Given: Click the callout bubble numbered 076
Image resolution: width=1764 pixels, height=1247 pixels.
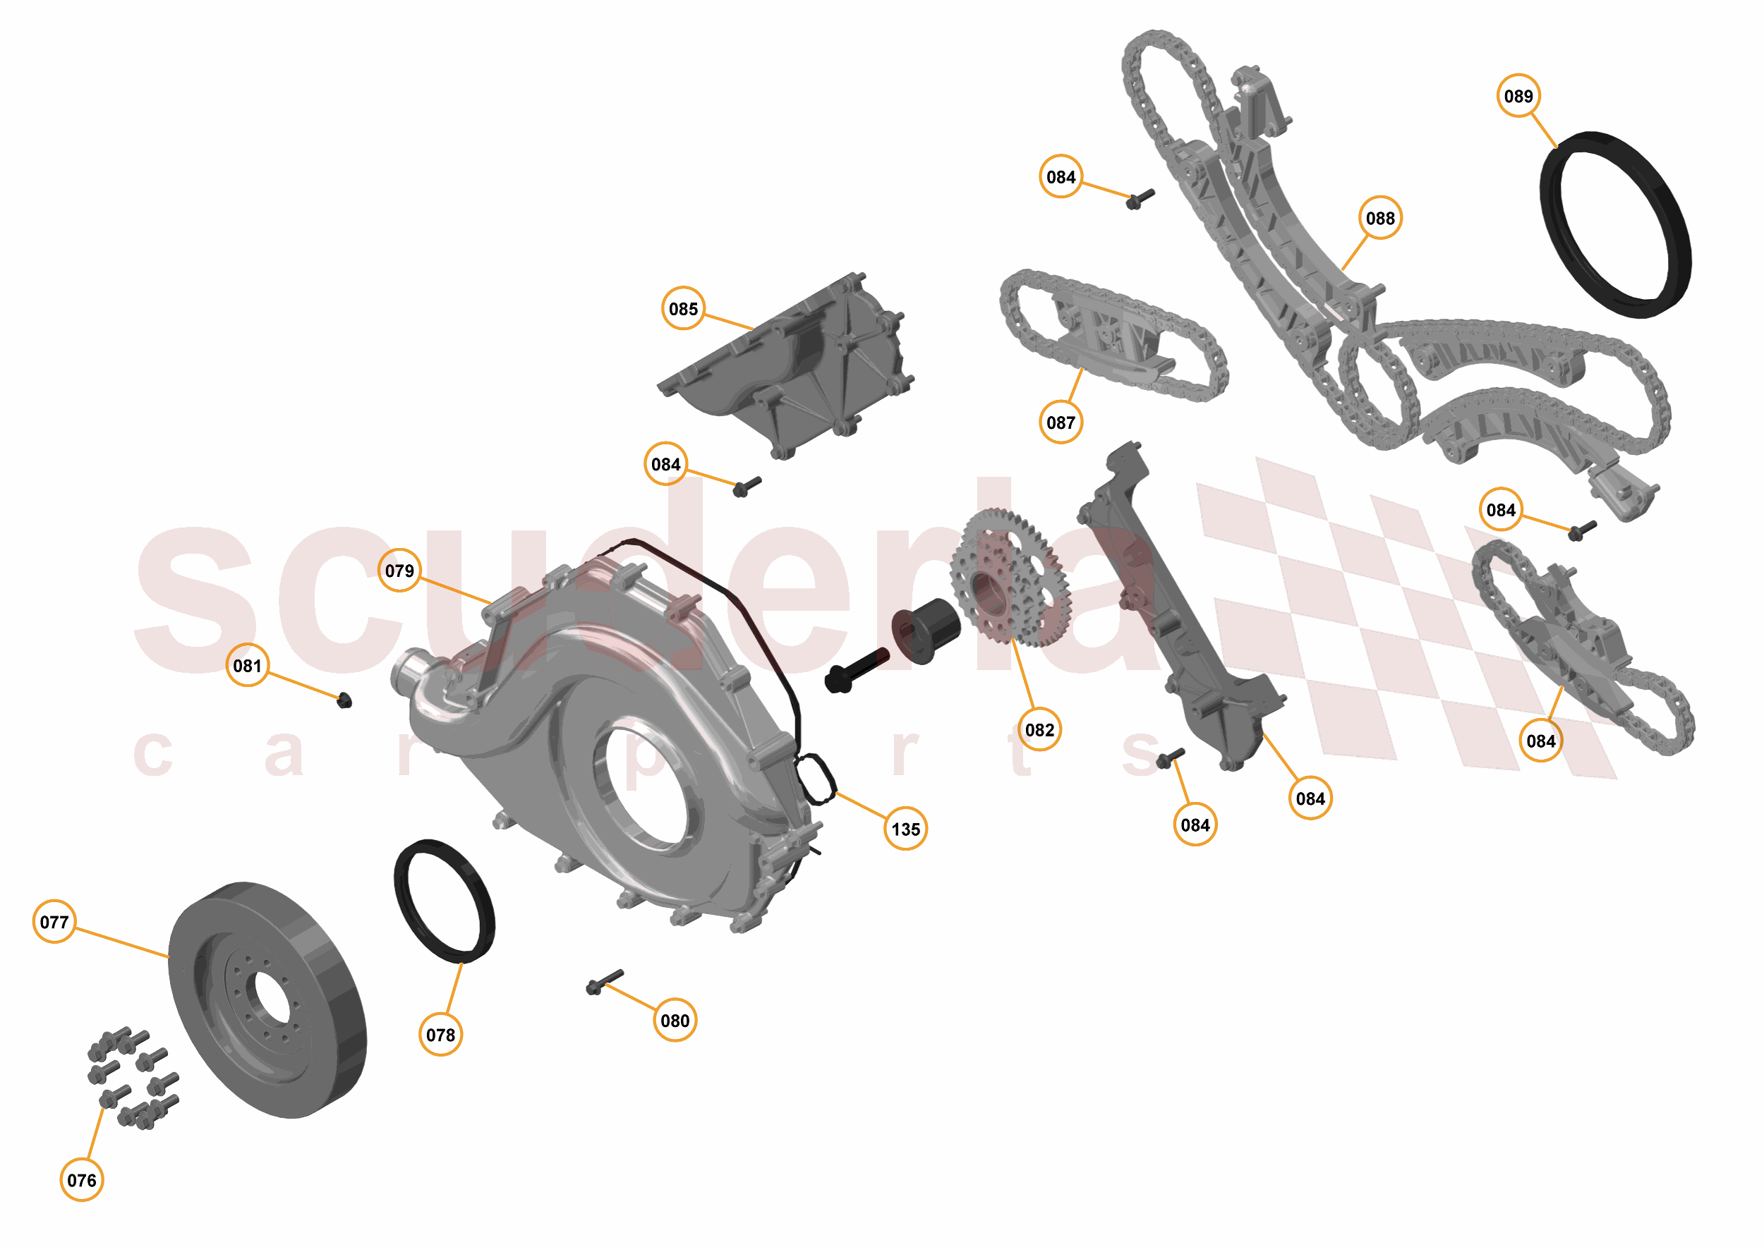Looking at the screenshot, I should pyautogui.click(x=81, y=1180).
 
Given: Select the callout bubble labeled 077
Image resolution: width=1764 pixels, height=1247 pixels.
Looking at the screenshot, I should pyautogui.click(x=54, y=921).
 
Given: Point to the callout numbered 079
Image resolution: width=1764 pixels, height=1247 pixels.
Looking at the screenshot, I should pyautogui.click(x=399, y=571).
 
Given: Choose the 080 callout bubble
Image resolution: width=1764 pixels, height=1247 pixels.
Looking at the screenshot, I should pyautogui.click(x=675, y=1021).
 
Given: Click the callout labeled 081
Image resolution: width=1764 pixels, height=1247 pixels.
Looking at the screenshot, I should pyautogui.click(x=248, y=665).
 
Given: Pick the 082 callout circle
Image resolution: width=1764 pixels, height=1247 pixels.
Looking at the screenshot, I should pyautogui.click(x=1039, y=729).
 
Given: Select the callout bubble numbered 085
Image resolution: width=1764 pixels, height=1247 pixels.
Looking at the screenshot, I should pyautogui.click(x=683, y=309).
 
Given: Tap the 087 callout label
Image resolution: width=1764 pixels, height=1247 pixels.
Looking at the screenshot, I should pyautogui.click(x=1061, y=422).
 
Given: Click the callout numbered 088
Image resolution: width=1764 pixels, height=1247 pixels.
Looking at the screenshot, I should pyautogui.click(x=1380, y=218).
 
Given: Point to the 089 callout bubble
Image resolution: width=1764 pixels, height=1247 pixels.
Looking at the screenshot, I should pyautogui.click(x=1518, y=96).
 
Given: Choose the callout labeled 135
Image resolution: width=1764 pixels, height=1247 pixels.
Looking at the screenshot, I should pyautogui.click(x=906, y=829).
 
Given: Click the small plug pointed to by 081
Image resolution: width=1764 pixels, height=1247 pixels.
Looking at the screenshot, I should pyautogui.click(x=345, y=700).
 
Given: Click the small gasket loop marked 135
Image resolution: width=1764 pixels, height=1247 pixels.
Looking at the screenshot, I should pyautogui.click(x=815, y=779).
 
